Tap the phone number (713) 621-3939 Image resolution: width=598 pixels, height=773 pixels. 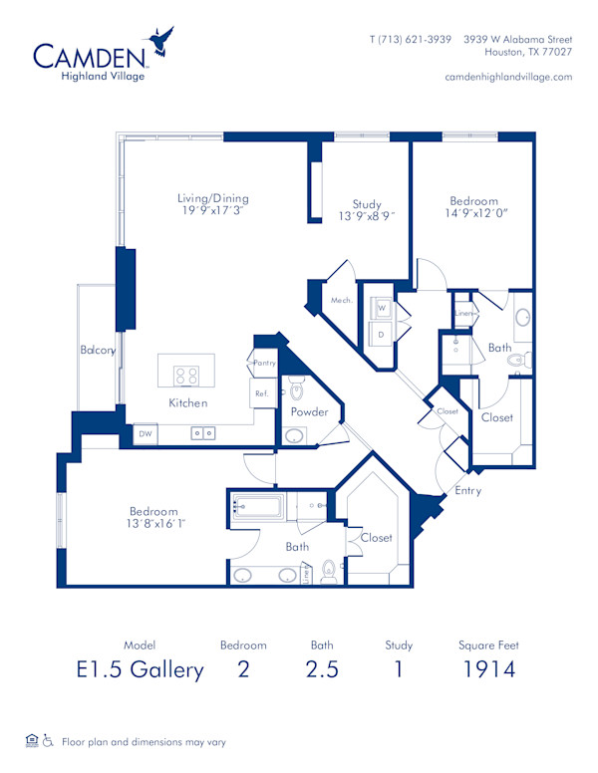tap(411, 39)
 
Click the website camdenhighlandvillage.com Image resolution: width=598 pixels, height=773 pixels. tap(508, 77)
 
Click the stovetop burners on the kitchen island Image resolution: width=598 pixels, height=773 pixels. tap(186, 376)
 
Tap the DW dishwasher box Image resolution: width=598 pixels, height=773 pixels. tap(145, 434)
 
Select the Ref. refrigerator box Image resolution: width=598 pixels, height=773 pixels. tap(261, 393)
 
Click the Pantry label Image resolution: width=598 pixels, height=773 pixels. tap(264, 364)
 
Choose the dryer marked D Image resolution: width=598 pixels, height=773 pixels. tap(381, 334)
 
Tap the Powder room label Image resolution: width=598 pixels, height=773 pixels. tap(309, 411)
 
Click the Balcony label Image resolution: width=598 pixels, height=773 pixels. tap(99, 351)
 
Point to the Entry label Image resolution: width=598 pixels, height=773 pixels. tap(467, 490)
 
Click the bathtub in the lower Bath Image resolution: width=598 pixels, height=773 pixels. tap(258, 506)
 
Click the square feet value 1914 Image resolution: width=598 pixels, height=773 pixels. tap(488, 668)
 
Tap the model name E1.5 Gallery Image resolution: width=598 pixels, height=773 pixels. tap(140, 668)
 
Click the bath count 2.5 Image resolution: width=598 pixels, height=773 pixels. tap(321, 668)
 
